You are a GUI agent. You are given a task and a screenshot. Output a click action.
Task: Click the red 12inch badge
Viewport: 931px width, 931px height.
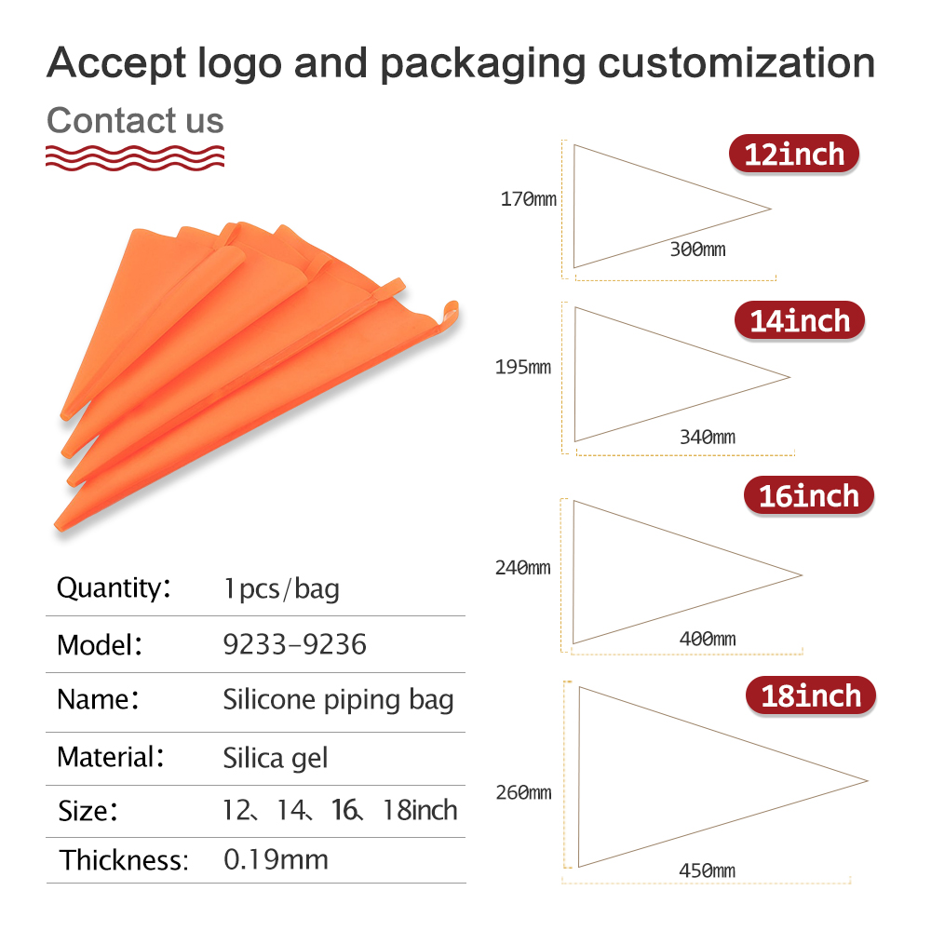794,154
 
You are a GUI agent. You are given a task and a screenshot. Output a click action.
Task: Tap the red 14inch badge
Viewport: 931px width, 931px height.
800,320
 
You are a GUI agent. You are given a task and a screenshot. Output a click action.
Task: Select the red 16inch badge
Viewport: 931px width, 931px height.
809,496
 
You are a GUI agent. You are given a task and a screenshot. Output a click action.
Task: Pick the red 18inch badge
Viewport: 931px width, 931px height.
811,695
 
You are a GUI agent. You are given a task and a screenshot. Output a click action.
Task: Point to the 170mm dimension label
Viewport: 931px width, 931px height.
529,199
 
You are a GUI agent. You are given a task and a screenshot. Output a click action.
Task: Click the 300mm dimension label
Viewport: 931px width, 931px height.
697,249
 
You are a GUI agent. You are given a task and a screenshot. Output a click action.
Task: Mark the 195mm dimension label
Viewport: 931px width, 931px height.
523,367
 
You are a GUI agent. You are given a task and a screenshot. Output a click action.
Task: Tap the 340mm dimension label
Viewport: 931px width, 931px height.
708,437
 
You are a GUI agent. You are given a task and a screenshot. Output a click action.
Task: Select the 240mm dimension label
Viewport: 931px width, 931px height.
523,568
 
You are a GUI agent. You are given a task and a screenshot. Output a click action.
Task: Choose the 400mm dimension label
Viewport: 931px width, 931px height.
708,639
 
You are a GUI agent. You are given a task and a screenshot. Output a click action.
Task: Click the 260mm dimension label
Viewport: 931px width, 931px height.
523,792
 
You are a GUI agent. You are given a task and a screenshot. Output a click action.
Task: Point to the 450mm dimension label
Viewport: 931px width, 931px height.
708,870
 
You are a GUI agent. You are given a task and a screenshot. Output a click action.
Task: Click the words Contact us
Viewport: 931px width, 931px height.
135,120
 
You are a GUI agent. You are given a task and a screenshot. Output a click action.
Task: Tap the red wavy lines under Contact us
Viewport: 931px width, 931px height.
135,157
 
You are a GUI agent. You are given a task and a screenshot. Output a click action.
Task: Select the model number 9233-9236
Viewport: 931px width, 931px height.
294,644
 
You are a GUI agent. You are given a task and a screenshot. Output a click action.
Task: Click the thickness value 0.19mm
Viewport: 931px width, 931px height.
276,859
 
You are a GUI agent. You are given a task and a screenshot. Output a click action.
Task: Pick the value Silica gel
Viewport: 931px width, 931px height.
275,758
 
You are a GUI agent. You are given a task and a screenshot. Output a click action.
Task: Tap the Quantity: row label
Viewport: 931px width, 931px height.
114,587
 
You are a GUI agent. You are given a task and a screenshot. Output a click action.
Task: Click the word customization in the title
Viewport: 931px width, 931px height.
736,63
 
